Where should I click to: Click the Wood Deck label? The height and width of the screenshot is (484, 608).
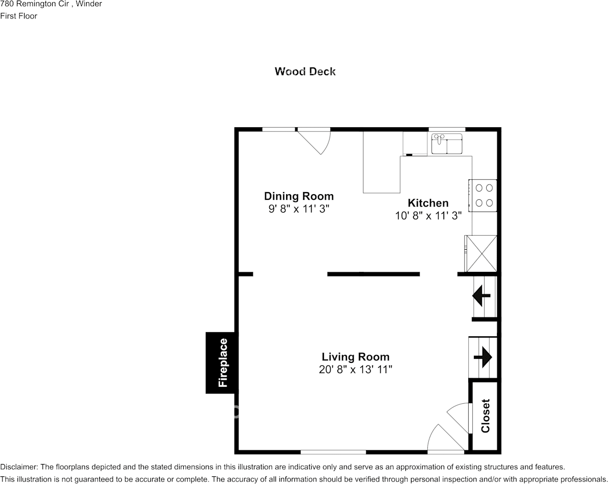coord(305,72)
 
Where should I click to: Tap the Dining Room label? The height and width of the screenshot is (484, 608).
coord(299,196)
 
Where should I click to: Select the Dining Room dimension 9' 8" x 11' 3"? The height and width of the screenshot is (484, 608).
coord(299,209)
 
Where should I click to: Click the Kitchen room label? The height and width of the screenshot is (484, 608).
coord(428,203)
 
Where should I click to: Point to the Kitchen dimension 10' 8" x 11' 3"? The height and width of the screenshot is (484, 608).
coord(428,216)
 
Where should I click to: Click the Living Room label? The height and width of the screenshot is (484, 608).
coord(355,357)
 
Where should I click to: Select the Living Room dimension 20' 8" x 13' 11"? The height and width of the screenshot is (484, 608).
coord(355,370)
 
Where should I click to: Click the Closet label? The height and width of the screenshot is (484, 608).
coord(485,416)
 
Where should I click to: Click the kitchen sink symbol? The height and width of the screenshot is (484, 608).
coord(447,144)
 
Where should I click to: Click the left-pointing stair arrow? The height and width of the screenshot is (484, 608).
coord(482,294)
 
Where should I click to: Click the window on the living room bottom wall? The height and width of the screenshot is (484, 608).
coord(333,452)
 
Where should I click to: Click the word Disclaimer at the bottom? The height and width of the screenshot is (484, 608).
coord(18,467)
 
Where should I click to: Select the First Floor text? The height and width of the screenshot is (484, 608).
coord(19,16)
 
